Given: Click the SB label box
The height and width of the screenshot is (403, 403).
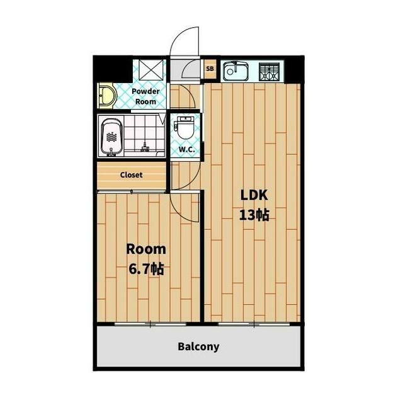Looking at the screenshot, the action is click(x=210, y=69).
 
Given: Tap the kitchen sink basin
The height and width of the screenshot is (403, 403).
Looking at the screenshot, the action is click(x=236, y=71).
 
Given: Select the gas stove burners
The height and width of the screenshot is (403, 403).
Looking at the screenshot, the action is click(x=269, y=72).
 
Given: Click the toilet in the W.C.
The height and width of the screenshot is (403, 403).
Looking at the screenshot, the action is click(x=185, y=129).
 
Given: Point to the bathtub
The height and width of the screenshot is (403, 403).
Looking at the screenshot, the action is click(x=111, y=137).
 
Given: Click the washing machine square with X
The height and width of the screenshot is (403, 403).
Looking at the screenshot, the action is click(x=151, y=69).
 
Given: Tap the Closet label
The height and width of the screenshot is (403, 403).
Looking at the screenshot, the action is click(x=131, y=175).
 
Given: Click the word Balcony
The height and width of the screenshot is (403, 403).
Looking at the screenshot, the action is click(x=198, y=347).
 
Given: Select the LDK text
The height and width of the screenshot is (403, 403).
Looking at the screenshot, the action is click(x=254, y=195).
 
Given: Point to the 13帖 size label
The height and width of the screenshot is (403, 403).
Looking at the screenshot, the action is click(x=254, y=215).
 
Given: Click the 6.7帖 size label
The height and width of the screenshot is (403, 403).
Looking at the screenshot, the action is click(x=146, y=269).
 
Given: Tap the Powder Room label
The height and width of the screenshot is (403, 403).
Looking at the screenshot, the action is click(x=145, y=96).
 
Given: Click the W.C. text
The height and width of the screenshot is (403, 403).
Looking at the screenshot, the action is click(x=186, y=149).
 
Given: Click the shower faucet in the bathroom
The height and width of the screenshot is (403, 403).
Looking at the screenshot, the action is click(x=145, y=147).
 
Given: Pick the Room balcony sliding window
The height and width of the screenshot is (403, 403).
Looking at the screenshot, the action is click(x=150, y=324).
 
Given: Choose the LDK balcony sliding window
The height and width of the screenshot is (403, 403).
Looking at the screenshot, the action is click(x=254, y=324).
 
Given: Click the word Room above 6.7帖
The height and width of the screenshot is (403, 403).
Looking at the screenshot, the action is click(x=146, y=249).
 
